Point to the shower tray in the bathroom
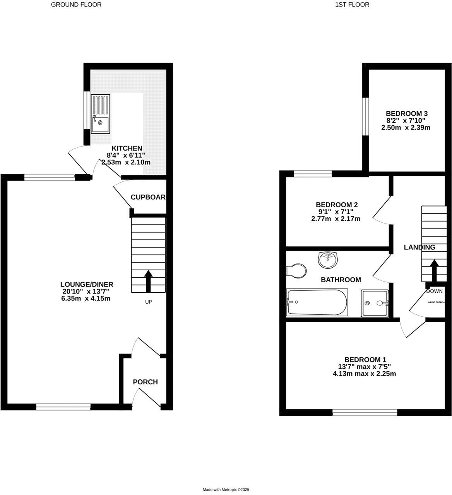[374, 303]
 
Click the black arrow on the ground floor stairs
[148, 281]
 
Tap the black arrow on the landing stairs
[434, 270]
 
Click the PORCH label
[145, 382]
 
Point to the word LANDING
[419, 247]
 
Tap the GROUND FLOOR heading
[76, 5]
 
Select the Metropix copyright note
[226, 490]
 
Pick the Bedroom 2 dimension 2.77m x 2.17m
[336, 218]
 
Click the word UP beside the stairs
[148, 302]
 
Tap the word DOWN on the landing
[434, 291]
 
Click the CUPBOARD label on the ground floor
[148, 197]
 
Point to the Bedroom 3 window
[365, 116]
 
